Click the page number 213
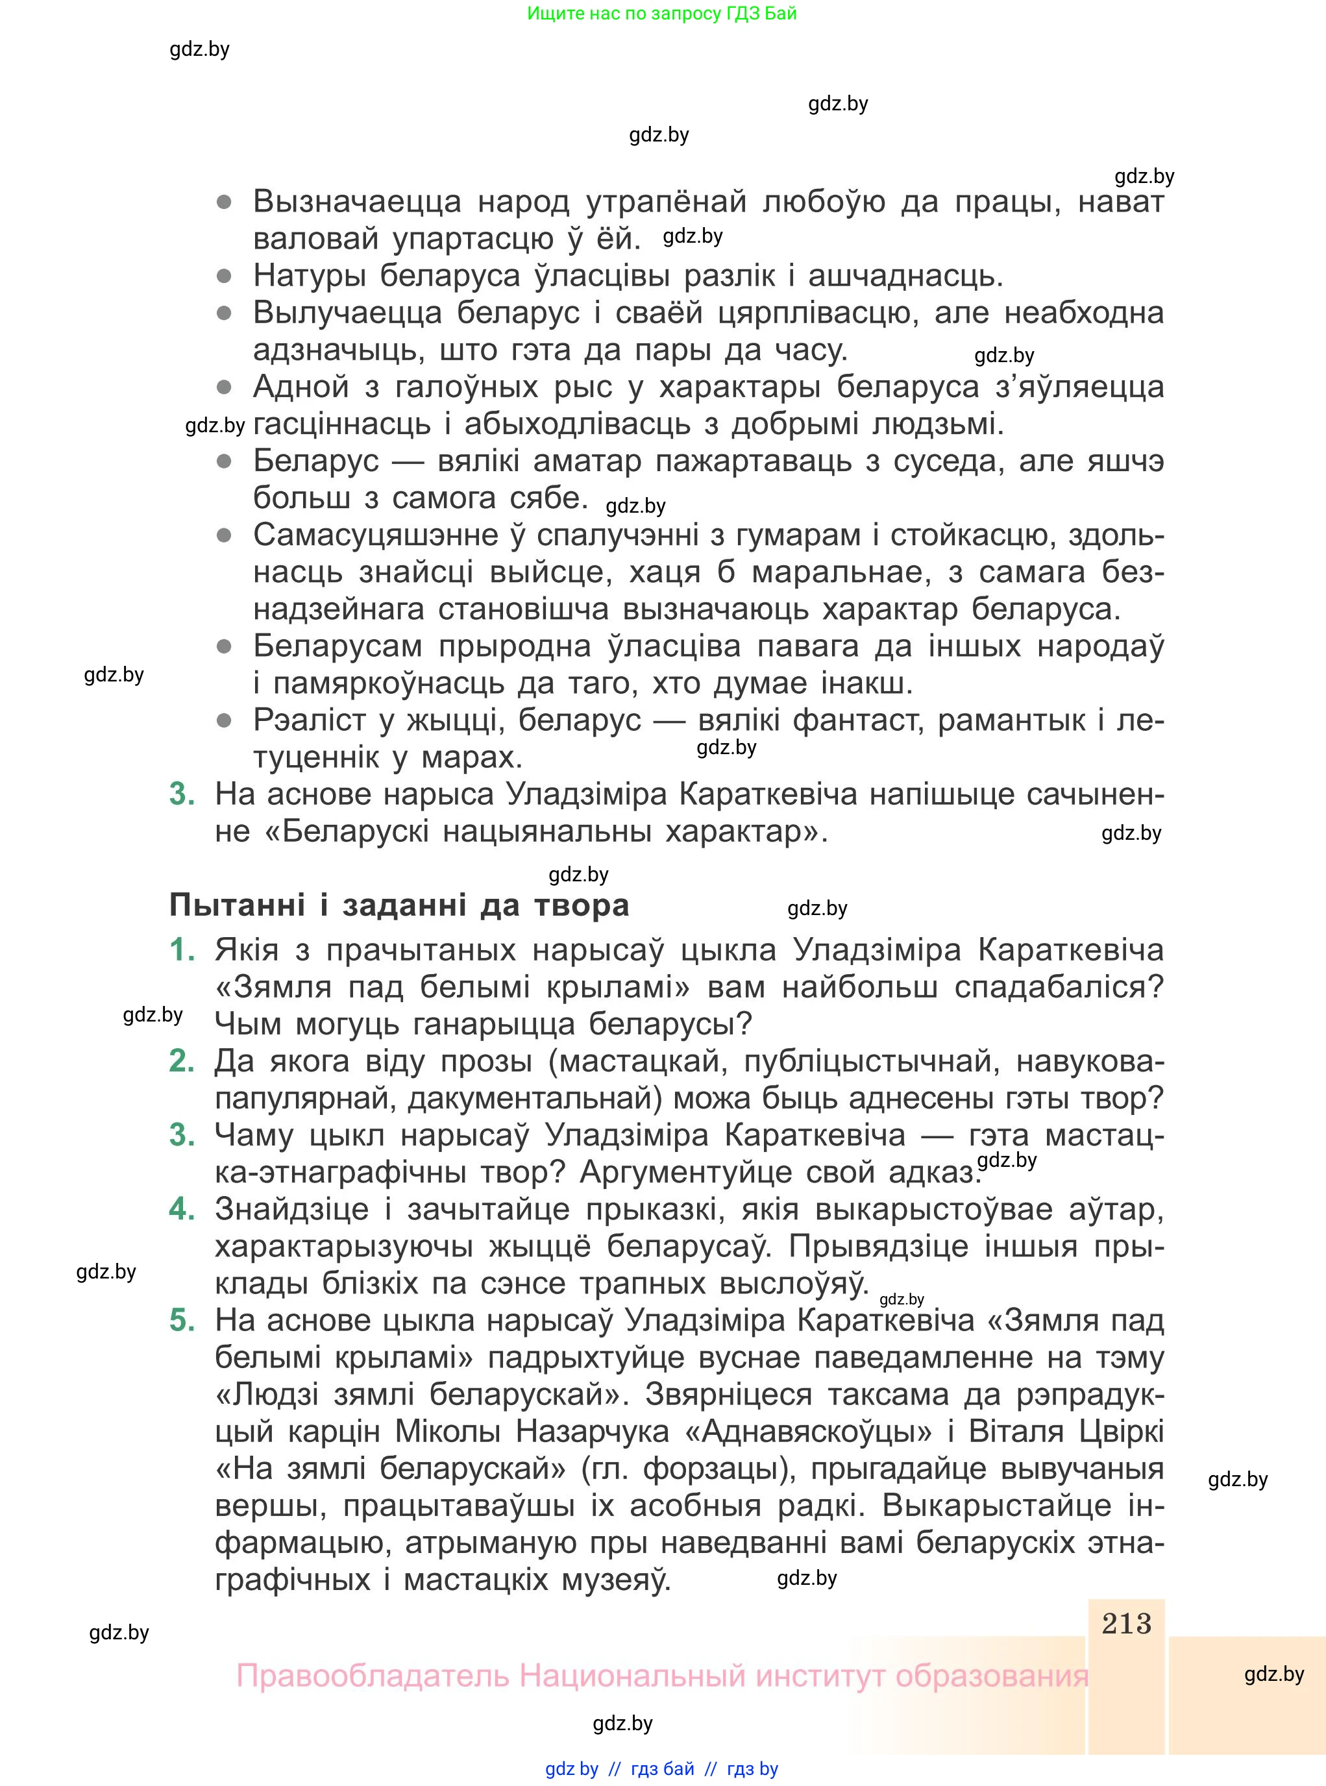(x=1126, y=1623)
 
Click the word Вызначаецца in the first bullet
(x=357, y=201)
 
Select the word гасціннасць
(x=342, y=424)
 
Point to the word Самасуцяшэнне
(x=376, y=535)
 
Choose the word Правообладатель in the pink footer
(x=373, y=1676)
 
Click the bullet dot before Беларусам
(x=225, y=646)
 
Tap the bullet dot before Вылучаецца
(x=225, y=313)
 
